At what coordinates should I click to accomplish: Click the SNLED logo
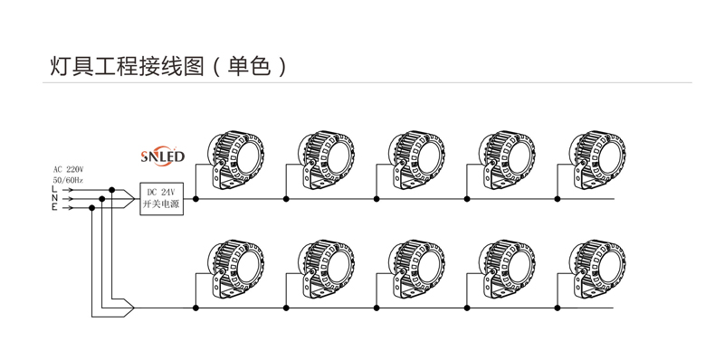tap(163, 156)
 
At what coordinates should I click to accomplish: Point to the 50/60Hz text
tap(68, 180)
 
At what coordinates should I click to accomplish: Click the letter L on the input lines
tap(54, 189)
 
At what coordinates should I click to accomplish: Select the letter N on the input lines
tap(54, 198)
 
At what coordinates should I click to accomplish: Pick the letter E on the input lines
tap(54, 207)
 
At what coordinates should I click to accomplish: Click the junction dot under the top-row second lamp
tap(286, 198)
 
